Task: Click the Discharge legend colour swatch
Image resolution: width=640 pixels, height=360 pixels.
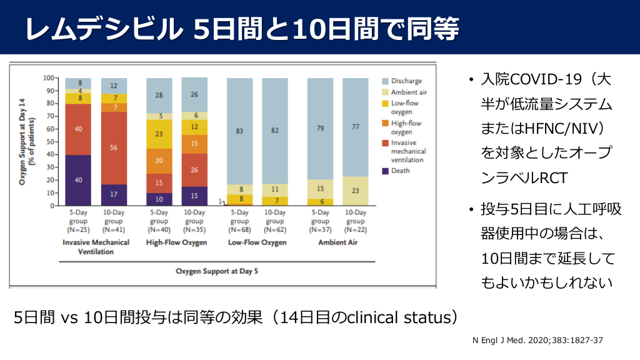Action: point(386,81)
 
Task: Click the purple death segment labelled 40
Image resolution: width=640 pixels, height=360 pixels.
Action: point(79,180)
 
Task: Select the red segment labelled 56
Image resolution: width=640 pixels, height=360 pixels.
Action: point(114,148)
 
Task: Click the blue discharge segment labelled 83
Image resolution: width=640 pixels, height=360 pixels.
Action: point(239,131)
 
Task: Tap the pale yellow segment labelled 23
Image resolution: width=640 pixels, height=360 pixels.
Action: point(355,191)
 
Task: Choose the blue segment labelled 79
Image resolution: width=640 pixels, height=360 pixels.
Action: point(320,129)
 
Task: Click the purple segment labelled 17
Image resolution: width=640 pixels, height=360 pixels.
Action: point(114,194)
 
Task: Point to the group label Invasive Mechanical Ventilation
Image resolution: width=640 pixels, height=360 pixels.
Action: point(96,247)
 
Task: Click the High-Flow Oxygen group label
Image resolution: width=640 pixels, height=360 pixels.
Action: point(176,242)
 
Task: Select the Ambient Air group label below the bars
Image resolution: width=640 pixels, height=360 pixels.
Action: point(337,242)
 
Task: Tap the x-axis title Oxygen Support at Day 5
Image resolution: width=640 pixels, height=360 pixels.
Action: point(216,271)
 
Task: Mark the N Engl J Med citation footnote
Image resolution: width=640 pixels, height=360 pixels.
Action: point(538,341)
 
